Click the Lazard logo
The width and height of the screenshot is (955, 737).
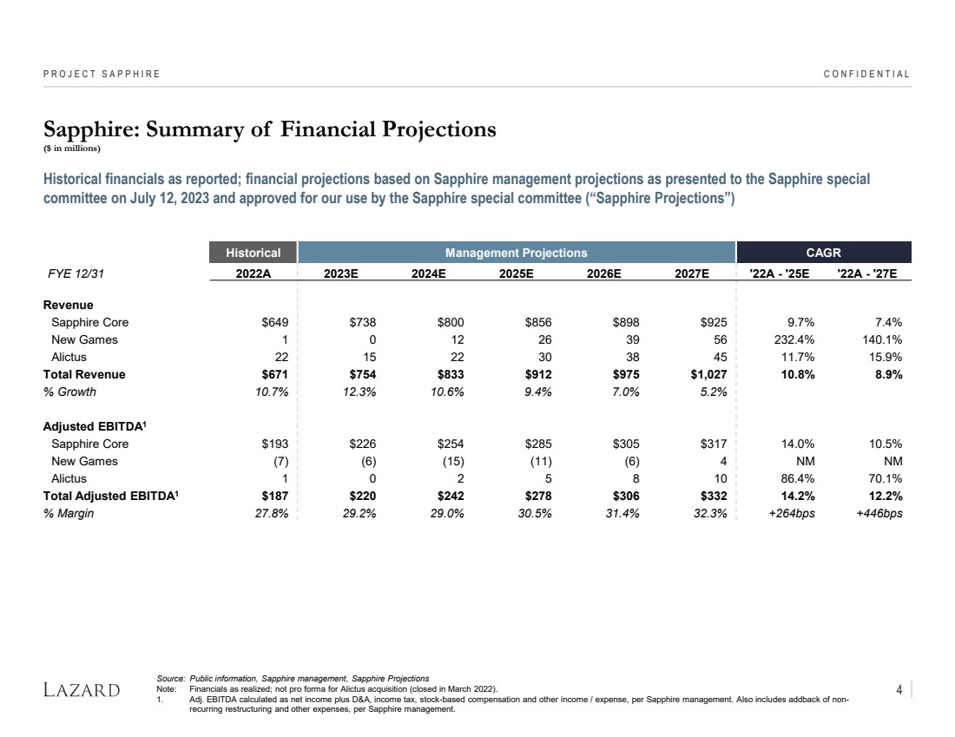82,690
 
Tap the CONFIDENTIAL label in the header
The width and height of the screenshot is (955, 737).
866,74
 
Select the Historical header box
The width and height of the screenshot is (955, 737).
254,253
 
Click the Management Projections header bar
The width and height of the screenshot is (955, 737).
516,253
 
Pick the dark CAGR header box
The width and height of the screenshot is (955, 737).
823,253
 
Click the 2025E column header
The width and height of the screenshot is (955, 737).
516,273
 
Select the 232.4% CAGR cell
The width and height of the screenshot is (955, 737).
794,339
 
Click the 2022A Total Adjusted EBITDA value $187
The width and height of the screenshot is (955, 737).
274,496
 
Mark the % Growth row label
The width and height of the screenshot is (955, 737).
69,392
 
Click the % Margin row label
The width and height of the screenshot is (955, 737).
69,513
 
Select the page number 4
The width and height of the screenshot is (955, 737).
899,690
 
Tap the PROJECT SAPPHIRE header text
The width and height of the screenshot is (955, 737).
102,74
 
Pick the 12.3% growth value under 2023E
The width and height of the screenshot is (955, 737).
359,392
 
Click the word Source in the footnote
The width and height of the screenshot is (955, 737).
170,678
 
